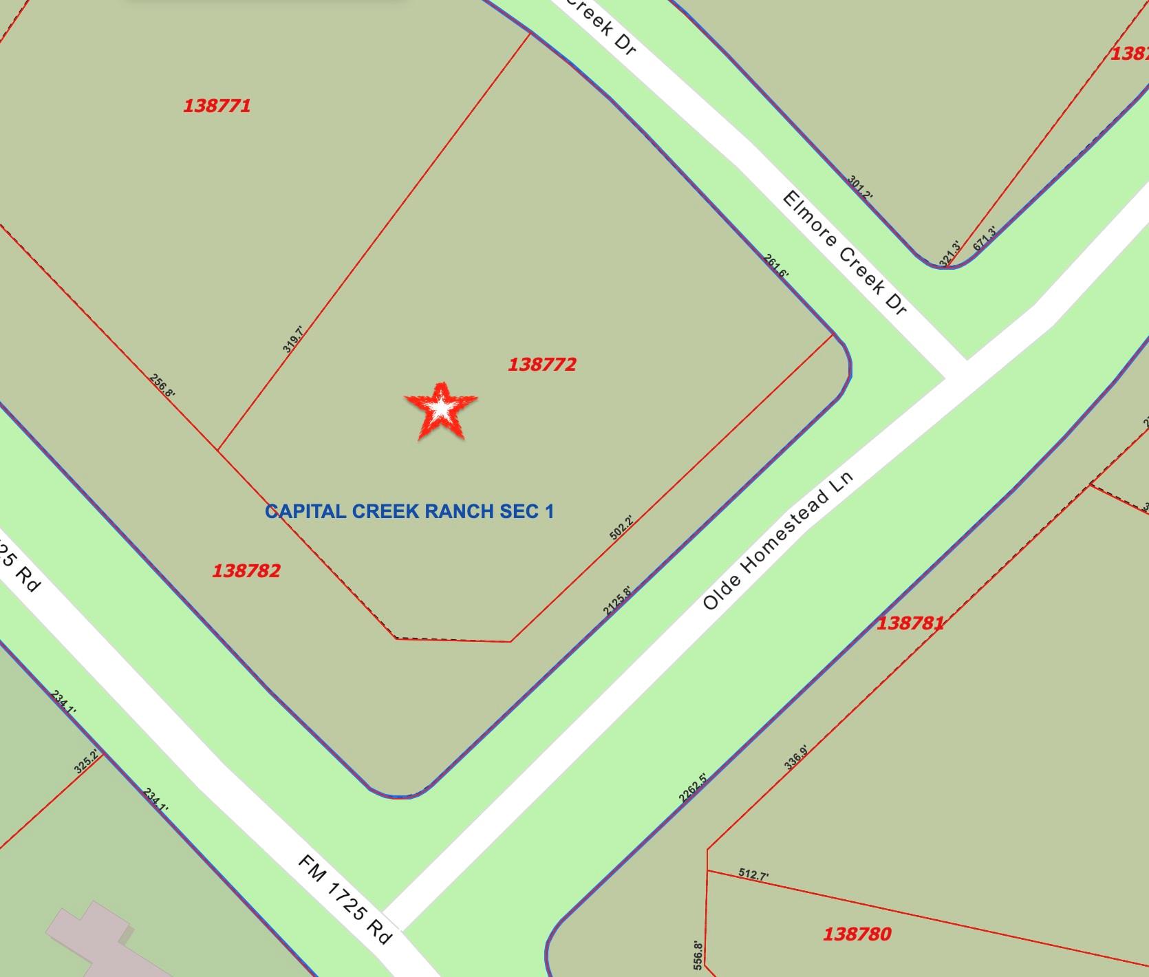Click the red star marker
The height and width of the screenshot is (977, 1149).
(440, 411)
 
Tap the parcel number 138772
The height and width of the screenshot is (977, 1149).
(541, 364)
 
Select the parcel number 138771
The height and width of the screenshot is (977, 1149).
(217, 106)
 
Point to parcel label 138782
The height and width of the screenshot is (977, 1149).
(246, 570)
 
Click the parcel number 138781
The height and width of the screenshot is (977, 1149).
(910, 623)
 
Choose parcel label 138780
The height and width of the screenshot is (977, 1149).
(857, 934)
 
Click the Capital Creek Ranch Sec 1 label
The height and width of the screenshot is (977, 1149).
(409, 511)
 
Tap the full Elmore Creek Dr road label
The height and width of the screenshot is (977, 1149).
(844, 254)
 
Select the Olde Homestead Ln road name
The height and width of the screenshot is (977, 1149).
(777, 541)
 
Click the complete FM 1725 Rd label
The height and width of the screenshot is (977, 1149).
(345, 899)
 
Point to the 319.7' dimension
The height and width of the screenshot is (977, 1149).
(292, 339)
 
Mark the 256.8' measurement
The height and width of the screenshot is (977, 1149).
(162, 385)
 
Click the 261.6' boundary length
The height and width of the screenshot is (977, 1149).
(777, 266)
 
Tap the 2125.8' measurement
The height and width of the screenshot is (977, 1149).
(616, 600)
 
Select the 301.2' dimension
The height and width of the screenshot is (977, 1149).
(860, 188)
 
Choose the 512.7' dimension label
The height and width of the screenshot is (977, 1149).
(753, 874)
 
